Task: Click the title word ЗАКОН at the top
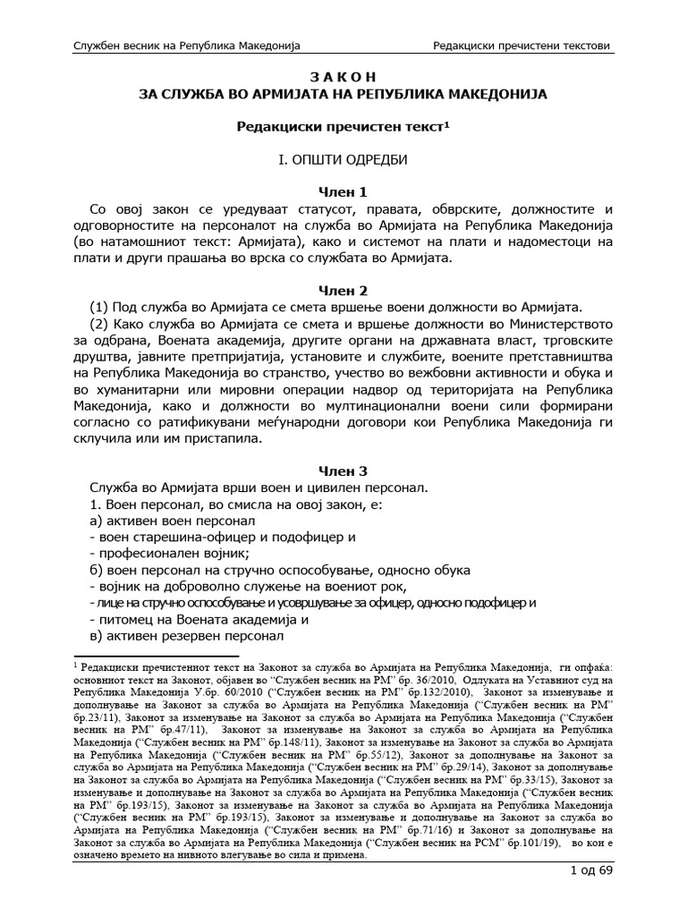(x=343, y=76)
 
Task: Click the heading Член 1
(x=343, y=192)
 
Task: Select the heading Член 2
(x=343, y=291)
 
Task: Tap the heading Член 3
(x=343, y=471)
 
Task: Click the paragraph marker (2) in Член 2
(x=101, y=325)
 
